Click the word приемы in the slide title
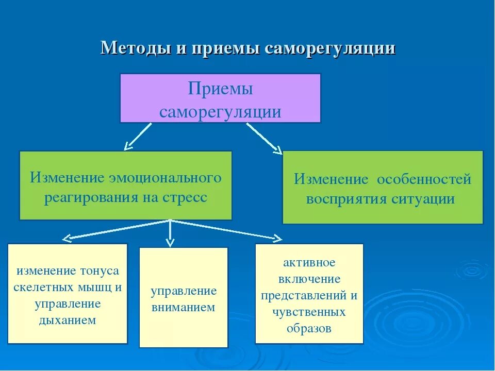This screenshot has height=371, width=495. click(226, 48)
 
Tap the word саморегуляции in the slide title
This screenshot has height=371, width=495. click(330, 48)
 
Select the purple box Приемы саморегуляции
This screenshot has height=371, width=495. click(220, 98)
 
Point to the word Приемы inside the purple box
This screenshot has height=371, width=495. click(220, 89)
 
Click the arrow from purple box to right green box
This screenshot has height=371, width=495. click(263, 138)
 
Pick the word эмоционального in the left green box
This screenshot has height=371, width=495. click(165, 178)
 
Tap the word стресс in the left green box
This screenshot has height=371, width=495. click(184, 198)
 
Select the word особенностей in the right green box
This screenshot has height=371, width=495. click(424, 179)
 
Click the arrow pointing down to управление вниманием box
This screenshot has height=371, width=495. click(170, 234)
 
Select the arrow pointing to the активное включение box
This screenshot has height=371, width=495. click(227, 229)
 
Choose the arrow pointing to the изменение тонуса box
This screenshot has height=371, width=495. click(116, 230)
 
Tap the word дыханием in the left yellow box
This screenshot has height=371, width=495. click(68, 321)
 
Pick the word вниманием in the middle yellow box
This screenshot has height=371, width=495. click(183, 308)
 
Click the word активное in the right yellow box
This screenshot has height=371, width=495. click(309, 263)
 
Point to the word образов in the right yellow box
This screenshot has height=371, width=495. click(309, 329)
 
